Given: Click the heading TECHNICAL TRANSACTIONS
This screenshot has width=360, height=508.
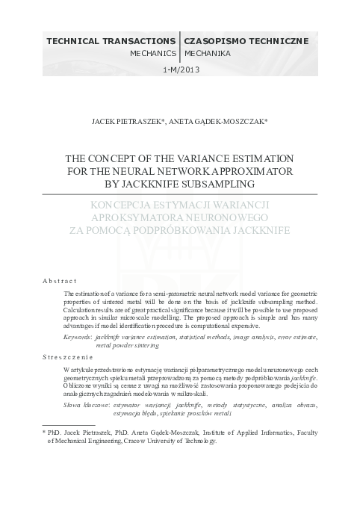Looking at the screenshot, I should (110, 41).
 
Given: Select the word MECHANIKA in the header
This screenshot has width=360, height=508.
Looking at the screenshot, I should (207, 55).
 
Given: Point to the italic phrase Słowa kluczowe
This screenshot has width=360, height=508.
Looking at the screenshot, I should (86, 404).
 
